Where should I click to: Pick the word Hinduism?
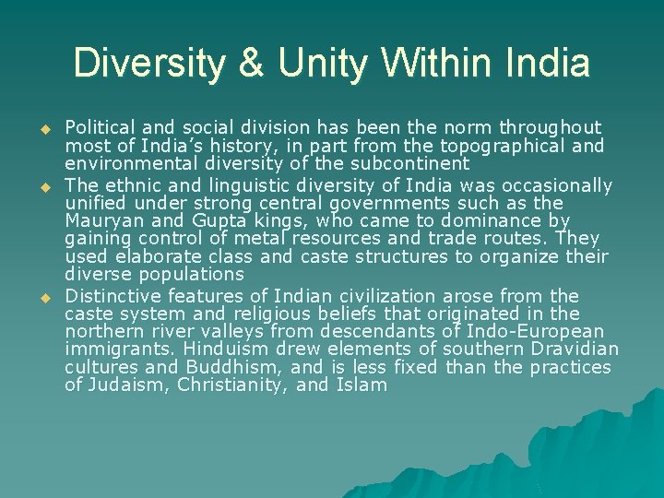point(228,349)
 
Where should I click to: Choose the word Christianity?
point(227,385)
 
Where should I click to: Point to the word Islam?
point(362,385)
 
